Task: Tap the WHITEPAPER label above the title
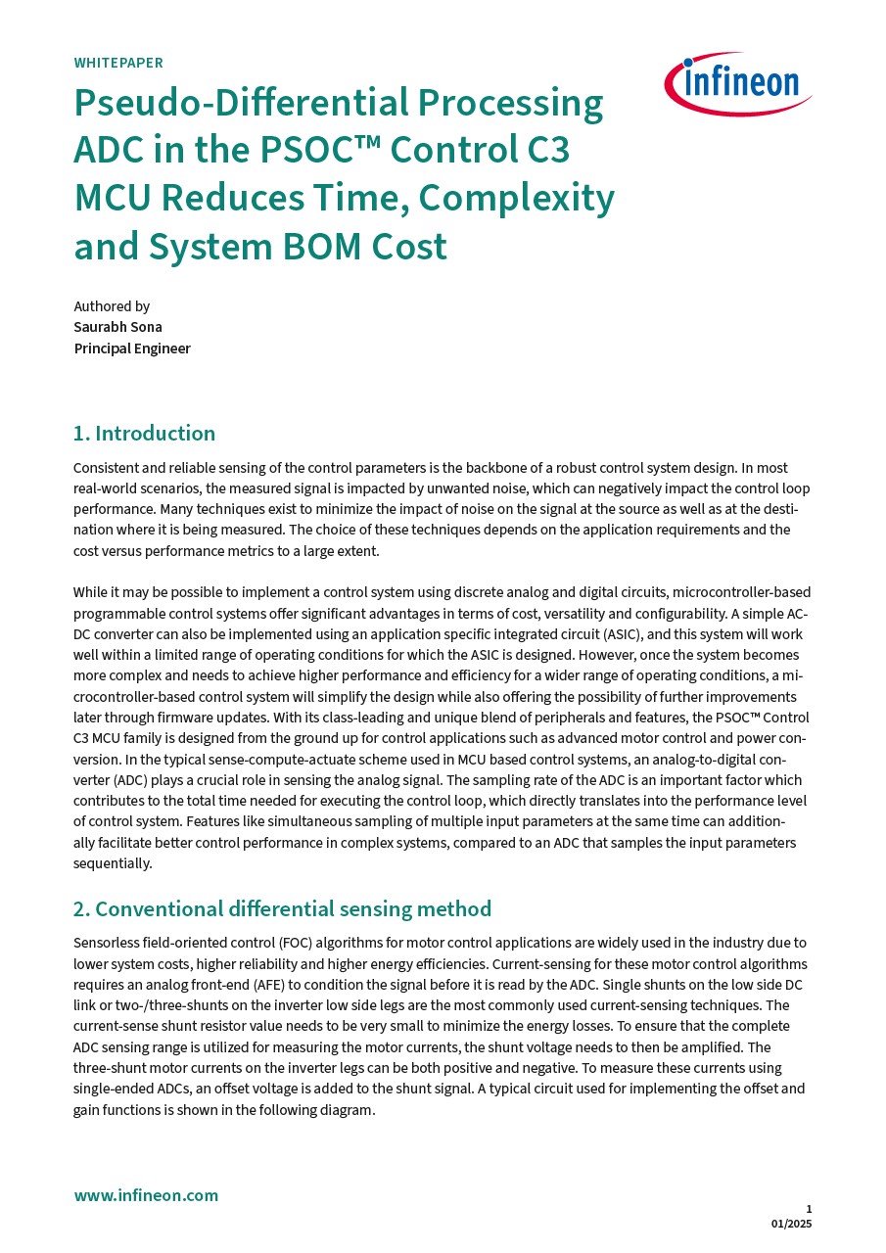pos(118,63)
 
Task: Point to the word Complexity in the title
pos(516,199)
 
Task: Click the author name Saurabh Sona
pos(117,327)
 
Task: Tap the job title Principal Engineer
pos(132,348)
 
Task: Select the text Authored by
pos(112,306)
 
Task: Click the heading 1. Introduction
pos(144,434)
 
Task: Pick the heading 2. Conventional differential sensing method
pos(282,909)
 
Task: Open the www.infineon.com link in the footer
pos(146,1195)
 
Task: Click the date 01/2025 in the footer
pos(791,1224)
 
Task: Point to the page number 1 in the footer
pos(809,1209)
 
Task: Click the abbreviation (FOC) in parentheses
pos(295,943)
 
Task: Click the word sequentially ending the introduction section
pos(112,863)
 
